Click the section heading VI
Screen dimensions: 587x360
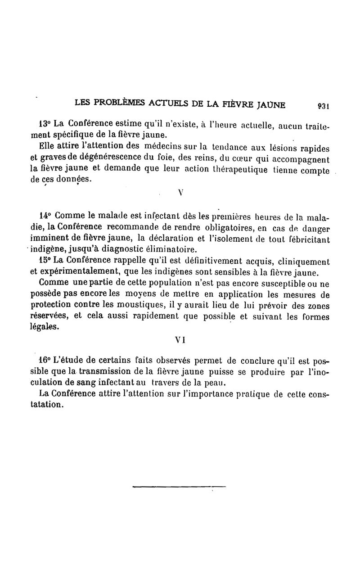click(x=180, y=341)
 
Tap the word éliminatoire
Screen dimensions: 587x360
click(x=172, y=249)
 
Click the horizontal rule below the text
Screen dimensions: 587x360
click(x=179, y=486)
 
